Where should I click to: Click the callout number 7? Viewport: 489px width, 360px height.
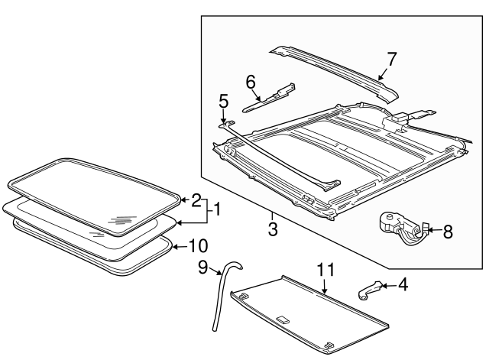pos(391,59)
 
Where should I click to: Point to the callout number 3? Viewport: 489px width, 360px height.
pos(272,229)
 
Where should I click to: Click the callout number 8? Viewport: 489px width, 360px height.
pos(447,232)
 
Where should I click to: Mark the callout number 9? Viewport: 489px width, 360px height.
pos(203,268)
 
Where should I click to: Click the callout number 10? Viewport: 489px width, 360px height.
pos(197,246)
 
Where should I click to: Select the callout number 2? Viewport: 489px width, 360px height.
pos(196,201)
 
